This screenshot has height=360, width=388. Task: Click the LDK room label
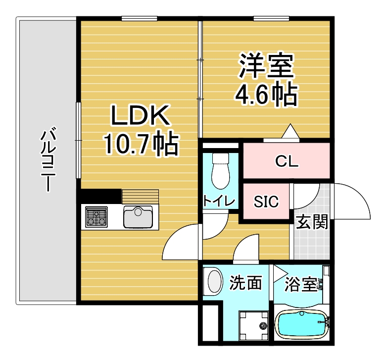point(141,115)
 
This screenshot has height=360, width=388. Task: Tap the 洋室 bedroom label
point(266,65)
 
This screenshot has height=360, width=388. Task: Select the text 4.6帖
point(266,95)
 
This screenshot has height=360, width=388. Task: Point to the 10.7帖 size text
point(142,145)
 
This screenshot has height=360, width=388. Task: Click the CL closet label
point(287,161)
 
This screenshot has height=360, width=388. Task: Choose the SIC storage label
point(266,202)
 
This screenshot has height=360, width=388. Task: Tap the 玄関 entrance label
point(312,222)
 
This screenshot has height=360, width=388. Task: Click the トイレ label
point(219,201)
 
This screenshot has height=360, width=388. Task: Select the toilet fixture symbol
point(220,171)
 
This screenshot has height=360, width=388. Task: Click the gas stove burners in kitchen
point(96,217)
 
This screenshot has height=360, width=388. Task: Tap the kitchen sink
point(138,217)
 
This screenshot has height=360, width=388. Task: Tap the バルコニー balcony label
point(48,159)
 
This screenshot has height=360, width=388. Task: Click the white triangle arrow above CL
point(291,131)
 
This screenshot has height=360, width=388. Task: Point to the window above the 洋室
point(271,18)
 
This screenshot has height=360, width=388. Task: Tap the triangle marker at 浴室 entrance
point(280,273)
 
